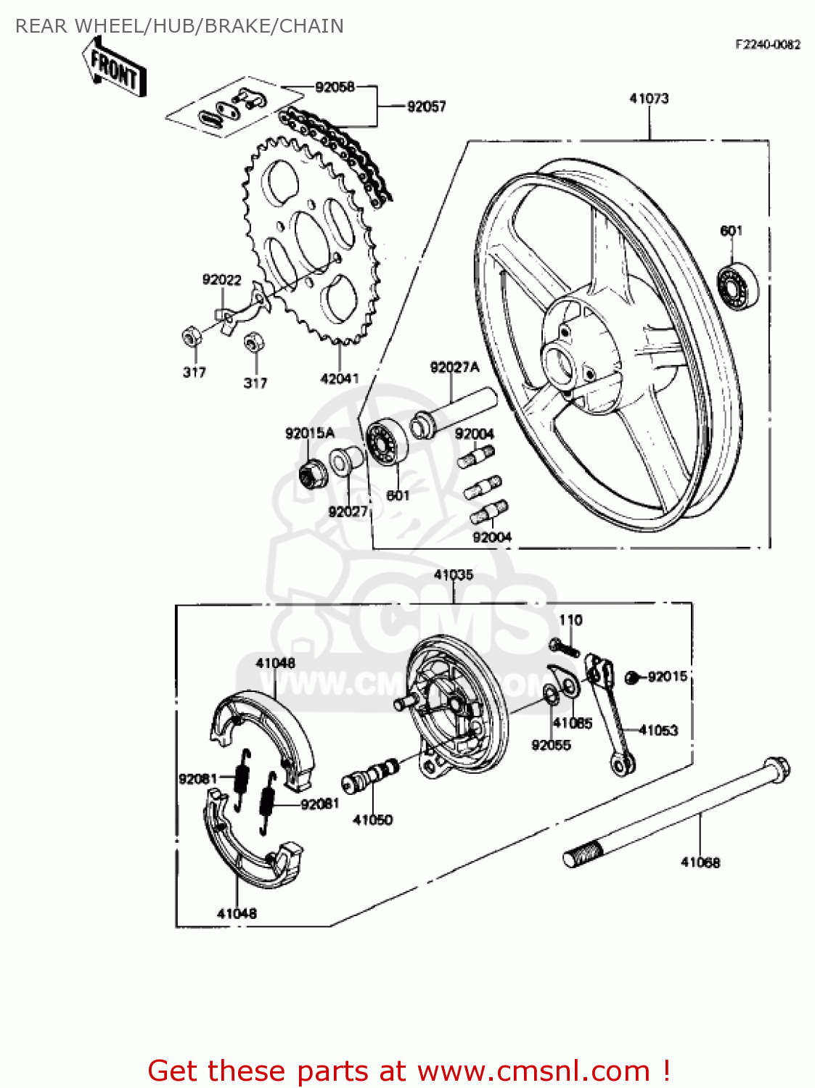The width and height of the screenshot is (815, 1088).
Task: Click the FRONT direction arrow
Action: pos(115,68)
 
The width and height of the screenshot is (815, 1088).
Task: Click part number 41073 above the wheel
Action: pos(649,99)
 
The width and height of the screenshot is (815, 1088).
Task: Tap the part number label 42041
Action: pos(339,379)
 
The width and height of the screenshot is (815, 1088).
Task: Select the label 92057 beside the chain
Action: pos(426,107)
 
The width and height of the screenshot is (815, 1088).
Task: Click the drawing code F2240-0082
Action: pos(767,44)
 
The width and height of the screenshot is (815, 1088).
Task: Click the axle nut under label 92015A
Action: pos(313,474)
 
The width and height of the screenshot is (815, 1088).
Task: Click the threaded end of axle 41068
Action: pos(581,854)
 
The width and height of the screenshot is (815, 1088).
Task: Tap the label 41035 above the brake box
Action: pos(453,575)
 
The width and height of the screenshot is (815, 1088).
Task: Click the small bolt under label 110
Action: pos(565,647)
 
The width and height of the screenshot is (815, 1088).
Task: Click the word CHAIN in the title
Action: pos(311,26)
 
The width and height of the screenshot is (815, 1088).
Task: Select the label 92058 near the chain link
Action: pos(335,87)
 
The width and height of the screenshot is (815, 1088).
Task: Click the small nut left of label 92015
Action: pos(631,677)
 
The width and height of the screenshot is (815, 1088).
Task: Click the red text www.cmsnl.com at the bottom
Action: pos(533,1071)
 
